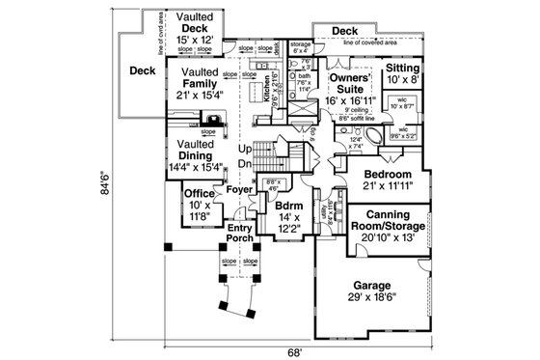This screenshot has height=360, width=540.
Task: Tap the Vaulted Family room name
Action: [x=199, y=81]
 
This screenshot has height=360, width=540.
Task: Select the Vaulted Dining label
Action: [x=201, y=154]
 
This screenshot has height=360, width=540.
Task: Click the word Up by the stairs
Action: [x=245, y=149]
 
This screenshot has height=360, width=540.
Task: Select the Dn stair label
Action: [x=245, y=165]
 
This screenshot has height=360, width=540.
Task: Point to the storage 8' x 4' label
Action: [x=300, y=46]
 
